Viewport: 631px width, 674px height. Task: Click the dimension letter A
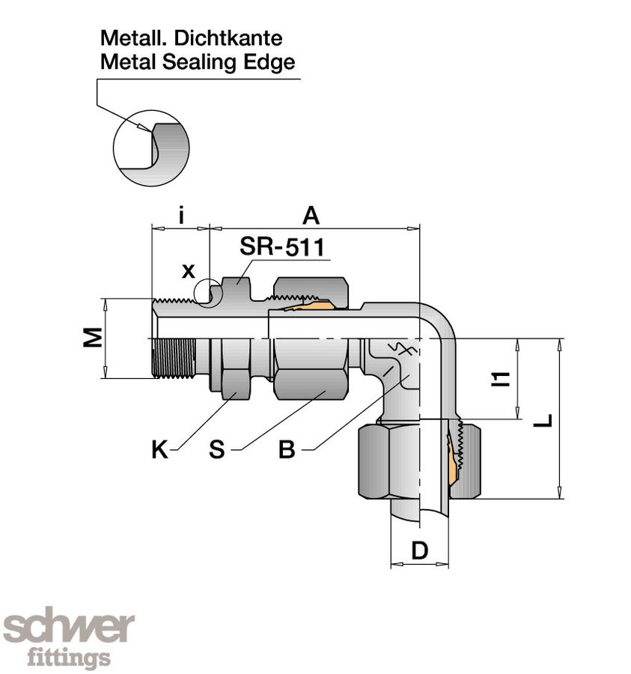click(311, 216)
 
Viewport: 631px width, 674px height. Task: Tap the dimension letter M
click(91, 338)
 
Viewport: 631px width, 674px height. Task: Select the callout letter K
click(159, 449)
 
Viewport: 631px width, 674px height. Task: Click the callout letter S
click(217, 449)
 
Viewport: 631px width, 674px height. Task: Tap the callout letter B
click(288, 449)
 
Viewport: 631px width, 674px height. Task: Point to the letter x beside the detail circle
click(189, 271)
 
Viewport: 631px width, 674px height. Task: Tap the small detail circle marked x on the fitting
click(208, 293)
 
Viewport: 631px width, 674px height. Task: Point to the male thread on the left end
click(174, 358)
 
